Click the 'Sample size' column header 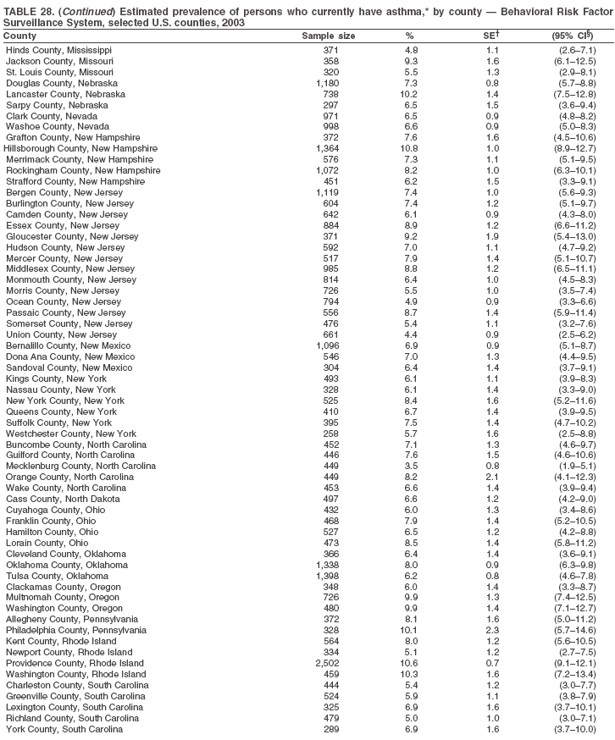coord(329,36)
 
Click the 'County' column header coord(19,36)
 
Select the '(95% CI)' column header coord(573,36)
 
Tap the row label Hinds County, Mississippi coord(58,50)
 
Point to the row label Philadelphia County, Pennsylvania coord(76,630)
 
